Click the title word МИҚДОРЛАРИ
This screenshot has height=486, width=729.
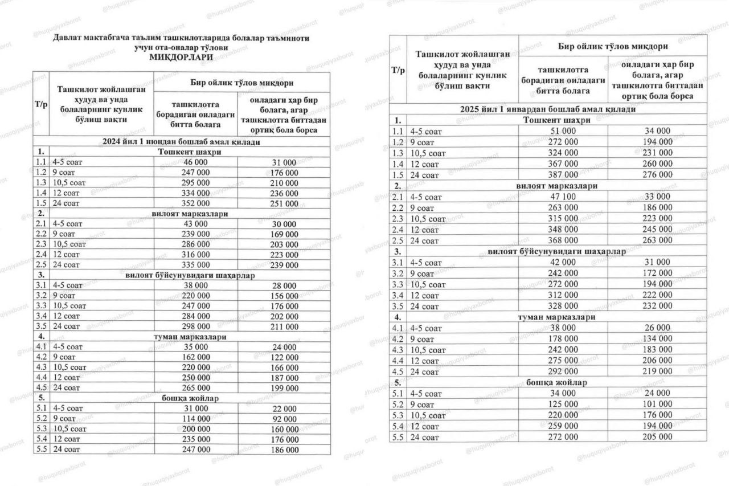[x=182, y=57]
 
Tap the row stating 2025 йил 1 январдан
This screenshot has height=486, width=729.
[x=548, y=109]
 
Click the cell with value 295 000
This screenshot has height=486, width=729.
[x=195, y=183]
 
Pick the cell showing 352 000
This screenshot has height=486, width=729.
[x=195, y=203]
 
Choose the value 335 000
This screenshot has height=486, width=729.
[x=195, y=265]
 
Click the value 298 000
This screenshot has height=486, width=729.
[x=195, y=326]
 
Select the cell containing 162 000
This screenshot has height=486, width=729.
[x=195, y=357]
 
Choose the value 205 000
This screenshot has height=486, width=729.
[x=657, y=437]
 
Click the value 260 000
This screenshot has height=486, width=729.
[x=657, y=164]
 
